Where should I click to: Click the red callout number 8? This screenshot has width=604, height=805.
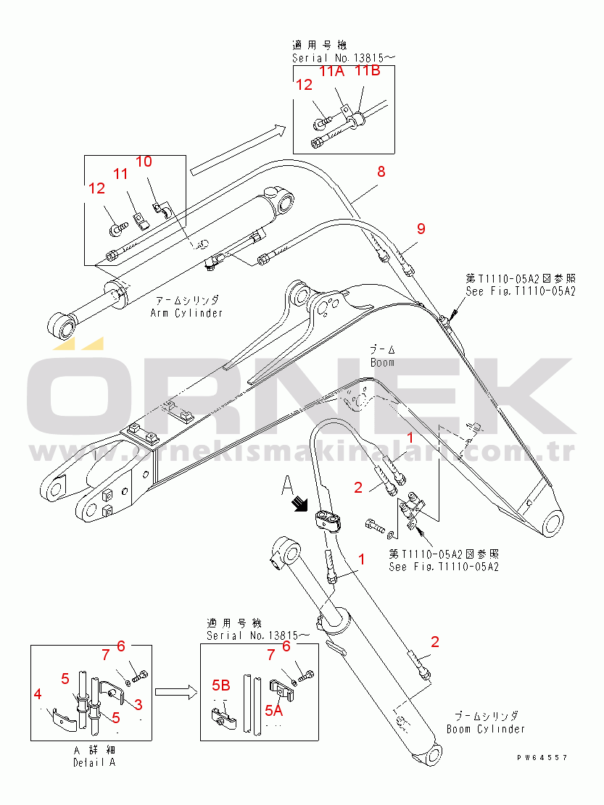381,172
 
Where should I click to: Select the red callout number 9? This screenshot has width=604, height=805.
421,229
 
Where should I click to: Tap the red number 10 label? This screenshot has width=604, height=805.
144,161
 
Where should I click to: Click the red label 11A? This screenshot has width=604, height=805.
333,71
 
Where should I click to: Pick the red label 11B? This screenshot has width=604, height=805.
367,71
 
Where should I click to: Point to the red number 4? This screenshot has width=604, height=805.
38,695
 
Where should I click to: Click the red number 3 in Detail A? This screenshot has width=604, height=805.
138,704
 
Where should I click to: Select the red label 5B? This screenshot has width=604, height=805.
221,685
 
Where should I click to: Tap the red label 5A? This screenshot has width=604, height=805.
273,711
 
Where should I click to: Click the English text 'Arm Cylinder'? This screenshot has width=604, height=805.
186,313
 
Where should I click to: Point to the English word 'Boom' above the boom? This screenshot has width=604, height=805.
382,362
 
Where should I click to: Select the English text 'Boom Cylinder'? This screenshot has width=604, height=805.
485,728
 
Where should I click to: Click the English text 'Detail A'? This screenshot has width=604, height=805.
94,762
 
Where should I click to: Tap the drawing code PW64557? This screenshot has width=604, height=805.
542,757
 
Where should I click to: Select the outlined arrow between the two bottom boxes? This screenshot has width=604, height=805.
175,693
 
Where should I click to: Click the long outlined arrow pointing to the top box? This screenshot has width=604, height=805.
236,151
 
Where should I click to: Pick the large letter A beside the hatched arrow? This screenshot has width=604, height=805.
288,484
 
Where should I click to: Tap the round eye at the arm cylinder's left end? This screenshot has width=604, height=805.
60,324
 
